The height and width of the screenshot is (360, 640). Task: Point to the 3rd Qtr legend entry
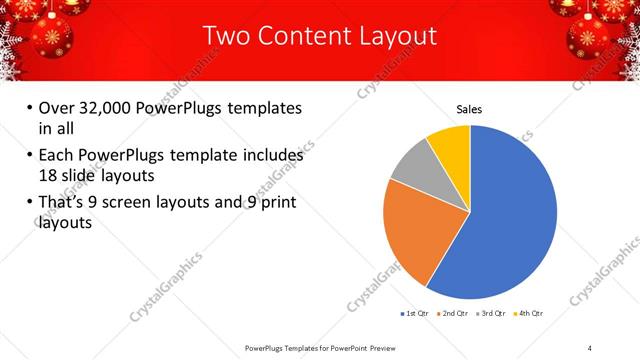click(x=492, y=314)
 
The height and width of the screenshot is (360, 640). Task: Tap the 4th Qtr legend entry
click(x=531, y=314)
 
